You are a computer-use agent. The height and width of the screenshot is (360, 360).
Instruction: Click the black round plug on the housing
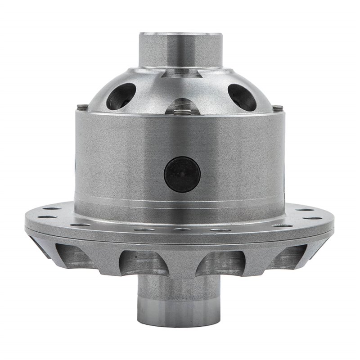click(182, 173)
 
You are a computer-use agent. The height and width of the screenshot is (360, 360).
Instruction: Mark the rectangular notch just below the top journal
click(181, 71)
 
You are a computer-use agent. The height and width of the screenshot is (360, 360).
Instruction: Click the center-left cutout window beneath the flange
click(140, 261)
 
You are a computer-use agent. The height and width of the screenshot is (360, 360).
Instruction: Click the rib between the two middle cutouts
click(181, 265)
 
